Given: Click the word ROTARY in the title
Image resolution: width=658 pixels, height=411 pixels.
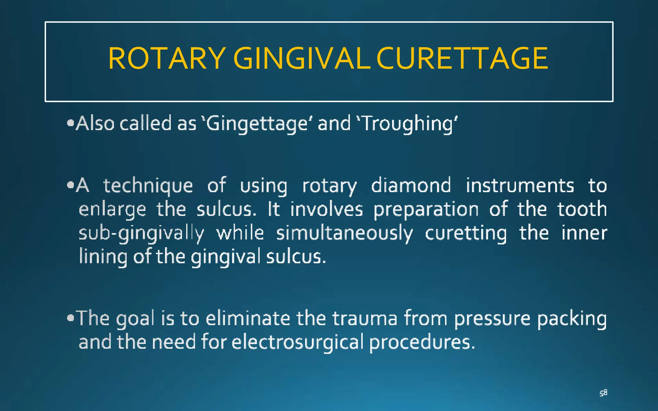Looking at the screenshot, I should click(x=166, y=58).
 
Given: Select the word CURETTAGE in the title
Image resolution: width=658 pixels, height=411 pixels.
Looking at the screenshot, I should click(x=462, y=58).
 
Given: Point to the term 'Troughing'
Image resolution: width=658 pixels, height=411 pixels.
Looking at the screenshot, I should click(x=407, y=124).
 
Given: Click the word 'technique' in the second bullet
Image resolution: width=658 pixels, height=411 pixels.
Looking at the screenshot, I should click(x=148, y=186).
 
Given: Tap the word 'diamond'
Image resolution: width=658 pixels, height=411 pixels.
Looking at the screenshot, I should click(x=411, y=185).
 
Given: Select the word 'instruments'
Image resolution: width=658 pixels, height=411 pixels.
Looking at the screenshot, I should click(x=520, y=185).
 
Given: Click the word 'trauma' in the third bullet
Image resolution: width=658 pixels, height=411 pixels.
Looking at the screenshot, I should click(x=365, y=319).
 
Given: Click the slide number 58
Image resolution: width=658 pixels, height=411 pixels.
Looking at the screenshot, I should click(x=603, y=393).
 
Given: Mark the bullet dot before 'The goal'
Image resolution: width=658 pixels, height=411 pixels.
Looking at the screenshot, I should click(x=71, y=318).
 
